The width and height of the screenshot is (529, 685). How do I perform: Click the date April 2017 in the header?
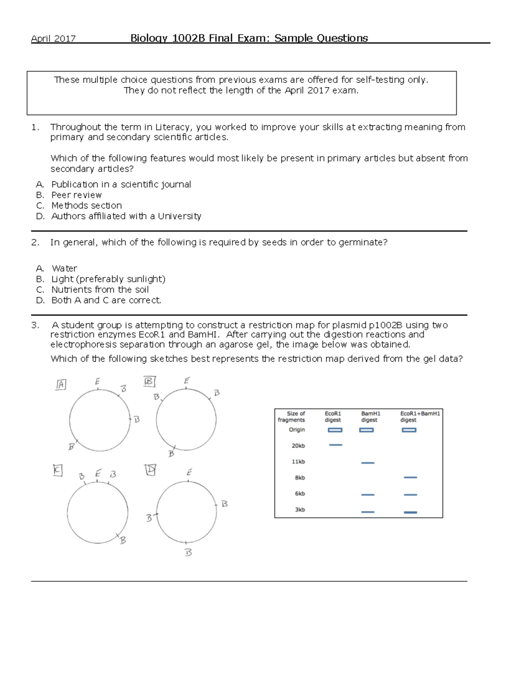tap(53, 38)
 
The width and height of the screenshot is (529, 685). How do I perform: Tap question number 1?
tap(35, 127)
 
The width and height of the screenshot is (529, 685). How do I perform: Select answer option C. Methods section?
tap(86, 206)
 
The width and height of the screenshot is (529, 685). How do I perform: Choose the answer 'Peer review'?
tap(76, 195)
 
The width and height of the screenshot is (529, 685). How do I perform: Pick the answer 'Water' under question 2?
tap(64, 268)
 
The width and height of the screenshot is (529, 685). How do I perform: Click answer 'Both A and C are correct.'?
tap(106, 300)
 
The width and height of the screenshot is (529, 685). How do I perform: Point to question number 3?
tap(35, 325)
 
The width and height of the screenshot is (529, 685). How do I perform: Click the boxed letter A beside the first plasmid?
tap(61, 385)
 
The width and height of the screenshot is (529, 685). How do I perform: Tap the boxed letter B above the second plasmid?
tap(149, 381)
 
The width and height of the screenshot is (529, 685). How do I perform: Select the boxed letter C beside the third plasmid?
tap(58, 471)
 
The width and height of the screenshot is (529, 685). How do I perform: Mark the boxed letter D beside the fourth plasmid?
tap(150, 470)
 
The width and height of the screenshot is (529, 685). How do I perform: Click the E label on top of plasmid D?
tap(189, 472)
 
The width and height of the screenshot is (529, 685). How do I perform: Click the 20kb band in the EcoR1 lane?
tap(335, 445)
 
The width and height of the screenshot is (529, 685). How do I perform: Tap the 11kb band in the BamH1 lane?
tap(368, 463)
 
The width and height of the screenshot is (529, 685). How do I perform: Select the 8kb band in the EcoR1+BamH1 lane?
tap(410, 477)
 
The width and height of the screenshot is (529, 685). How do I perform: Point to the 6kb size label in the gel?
tap(300, 494)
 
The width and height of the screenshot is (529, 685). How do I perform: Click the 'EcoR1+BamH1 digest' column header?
tap(420, 416)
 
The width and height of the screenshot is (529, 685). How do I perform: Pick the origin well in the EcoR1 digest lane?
tap(335, 430)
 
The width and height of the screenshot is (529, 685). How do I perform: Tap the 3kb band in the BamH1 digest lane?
tap(368, 512)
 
